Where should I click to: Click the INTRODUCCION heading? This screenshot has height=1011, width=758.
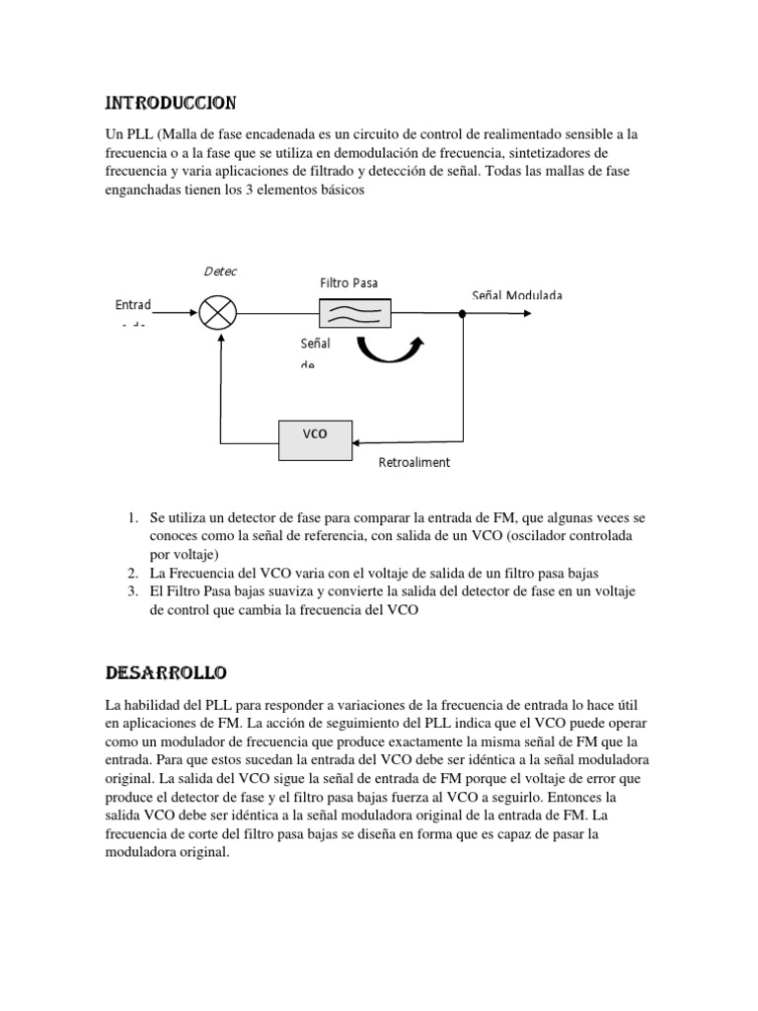(x=170, y=103)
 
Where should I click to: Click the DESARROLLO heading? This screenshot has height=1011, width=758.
(x=166, y=673)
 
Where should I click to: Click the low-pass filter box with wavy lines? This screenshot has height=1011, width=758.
(x=354, y=315)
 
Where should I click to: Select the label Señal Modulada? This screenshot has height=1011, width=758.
(x=517, y=295)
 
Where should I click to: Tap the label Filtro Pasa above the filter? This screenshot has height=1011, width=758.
(x=348, y=283)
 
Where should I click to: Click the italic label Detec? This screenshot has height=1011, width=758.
(x=220, y=271)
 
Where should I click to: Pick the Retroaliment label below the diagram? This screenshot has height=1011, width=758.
(x=414, y=462)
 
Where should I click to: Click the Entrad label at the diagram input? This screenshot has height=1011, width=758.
(x=133, y=305)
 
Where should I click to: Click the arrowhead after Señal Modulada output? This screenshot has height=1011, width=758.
(x=533, y=315)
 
